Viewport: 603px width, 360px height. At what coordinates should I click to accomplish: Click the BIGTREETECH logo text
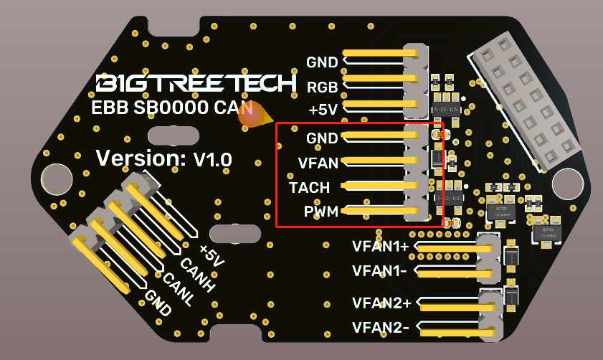(x=196, y=83)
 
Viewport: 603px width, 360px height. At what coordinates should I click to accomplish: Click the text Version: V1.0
(x=164, y=158)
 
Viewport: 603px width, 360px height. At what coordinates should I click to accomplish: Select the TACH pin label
(x=309, y=188)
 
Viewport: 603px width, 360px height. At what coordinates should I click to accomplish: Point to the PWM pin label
(x=320, y=212)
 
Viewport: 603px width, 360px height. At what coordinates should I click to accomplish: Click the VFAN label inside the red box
(x=318, y=163)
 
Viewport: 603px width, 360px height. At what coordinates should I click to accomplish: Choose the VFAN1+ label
(x=381, y=246)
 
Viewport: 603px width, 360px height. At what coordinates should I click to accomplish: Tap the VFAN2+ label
(x=381, y=303)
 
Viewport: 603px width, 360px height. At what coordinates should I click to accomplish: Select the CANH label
(x=197, y=276)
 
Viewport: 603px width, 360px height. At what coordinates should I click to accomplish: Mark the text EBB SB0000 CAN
(x=172, y=109)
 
